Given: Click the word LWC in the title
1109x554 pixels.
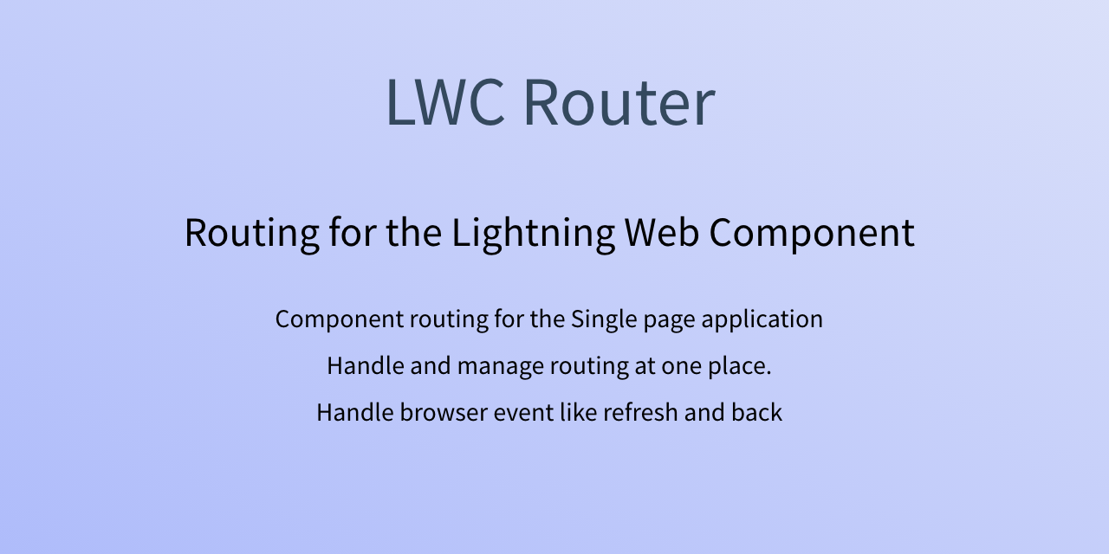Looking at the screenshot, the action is coord(445,102).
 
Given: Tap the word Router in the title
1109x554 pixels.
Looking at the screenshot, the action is coord(619,102).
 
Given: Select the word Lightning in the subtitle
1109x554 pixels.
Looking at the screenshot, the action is coord(534,233).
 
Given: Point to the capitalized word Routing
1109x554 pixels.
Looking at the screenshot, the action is coord(251,233).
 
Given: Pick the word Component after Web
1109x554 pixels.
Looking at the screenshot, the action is coord(812,233).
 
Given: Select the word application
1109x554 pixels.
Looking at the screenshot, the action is coord(762,319).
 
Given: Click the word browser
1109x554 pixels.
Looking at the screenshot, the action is coord(444,412).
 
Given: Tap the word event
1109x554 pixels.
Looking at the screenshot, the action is coord(524,413).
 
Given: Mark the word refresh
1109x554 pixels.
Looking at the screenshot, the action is coord(640,412).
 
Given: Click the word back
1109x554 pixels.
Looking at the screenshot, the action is coord(757,412).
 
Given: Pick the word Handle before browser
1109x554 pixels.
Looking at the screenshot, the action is coord(355,412).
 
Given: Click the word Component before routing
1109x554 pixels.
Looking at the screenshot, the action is coord(340,319).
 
